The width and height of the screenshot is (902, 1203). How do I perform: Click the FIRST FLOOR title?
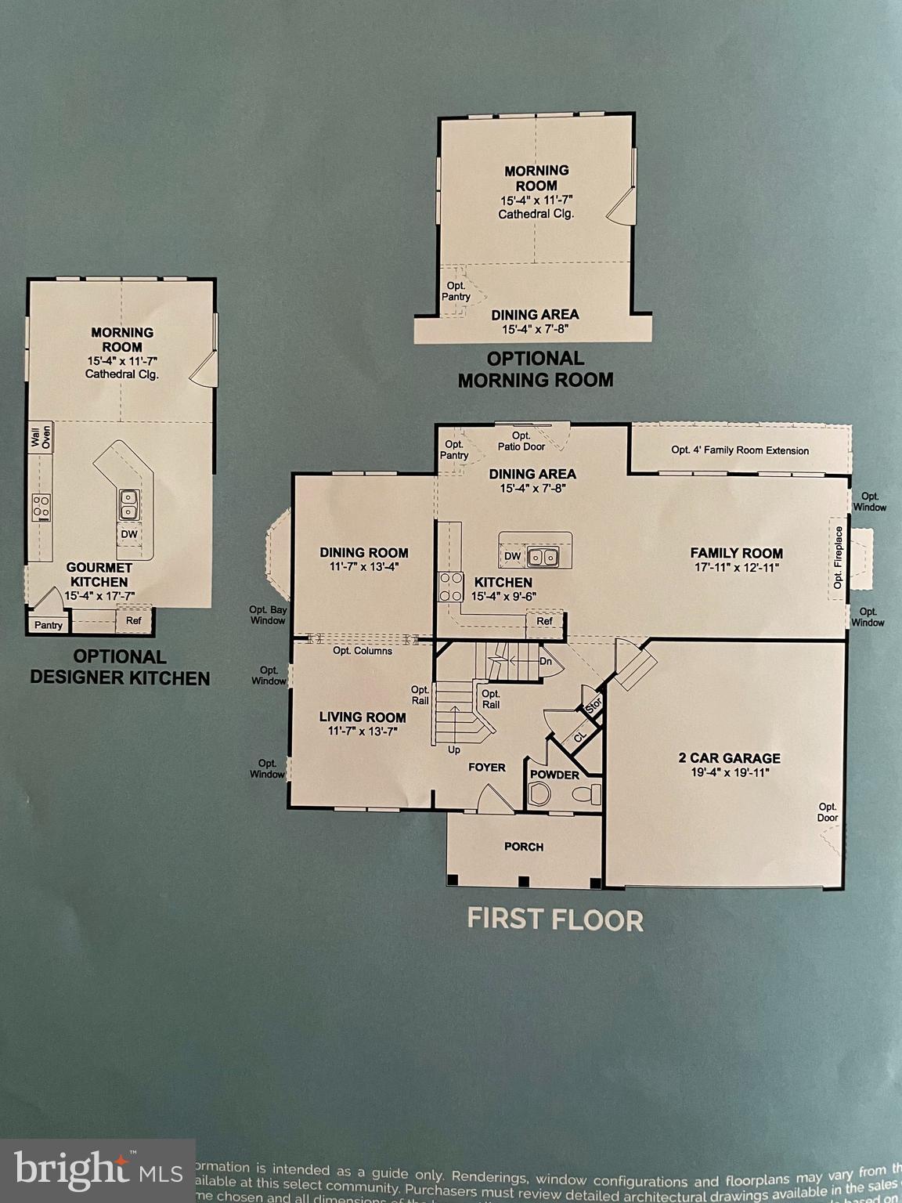click(555, 919)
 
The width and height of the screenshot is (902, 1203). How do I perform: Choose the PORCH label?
click(524, 847)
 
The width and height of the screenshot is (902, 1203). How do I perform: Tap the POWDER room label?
click(554, 775)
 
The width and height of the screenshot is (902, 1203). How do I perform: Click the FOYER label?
click(487, 767)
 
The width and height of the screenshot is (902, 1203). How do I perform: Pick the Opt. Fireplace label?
click(839, 557)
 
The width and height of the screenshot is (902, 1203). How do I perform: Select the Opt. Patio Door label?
click(521, 441)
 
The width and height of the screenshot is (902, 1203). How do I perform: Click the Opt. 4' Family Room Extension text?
click(740, 450)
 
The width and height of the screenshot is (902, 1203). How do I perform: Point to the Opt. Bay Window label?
click(268, 615)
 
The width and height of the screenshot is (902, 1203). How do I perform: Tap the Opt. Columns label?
click(363, 651)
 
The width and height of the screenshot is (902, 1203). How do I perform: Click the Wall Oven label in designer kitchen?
click(40, 436)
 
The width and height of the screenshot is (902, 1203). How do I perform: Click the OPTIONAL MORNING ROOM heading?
click(536, 369)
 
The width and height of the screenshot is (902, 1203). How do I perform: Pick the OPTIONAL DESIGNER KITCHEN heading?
click(120, 667)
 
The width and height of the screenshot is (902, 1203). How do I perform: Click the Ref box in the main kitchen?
click(545, 621)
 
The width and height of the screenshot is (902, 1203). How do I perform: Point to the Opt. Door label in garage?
click(828, 812)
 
